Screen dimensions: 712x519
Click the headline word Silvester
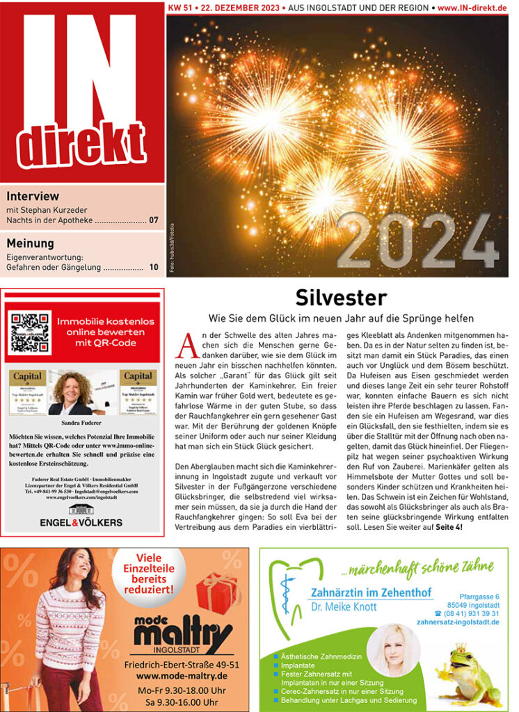pos(340,298)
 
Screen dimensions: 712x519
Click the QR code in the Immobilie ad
pos(29,332)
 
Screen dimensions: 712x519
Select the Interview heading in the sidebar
pos(33,196)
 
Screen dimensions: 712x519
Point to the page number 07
pos(154,220)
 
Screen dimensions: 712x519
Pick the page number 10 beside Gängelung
pos(154,266)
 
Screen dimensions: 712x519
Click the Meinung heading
pos(30,243)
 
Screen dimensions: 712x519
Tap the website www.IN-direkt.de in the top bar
pos(472,8)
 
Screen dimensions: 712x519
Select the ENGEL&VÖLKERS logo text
pos(81,521)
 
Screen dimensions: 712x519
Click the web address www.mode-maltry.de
pos(182,675)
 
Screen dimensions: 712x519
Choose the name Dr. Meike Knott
pos(343,607)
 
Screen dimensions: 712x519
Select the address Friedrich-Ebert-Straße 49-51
pos(182,663)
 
